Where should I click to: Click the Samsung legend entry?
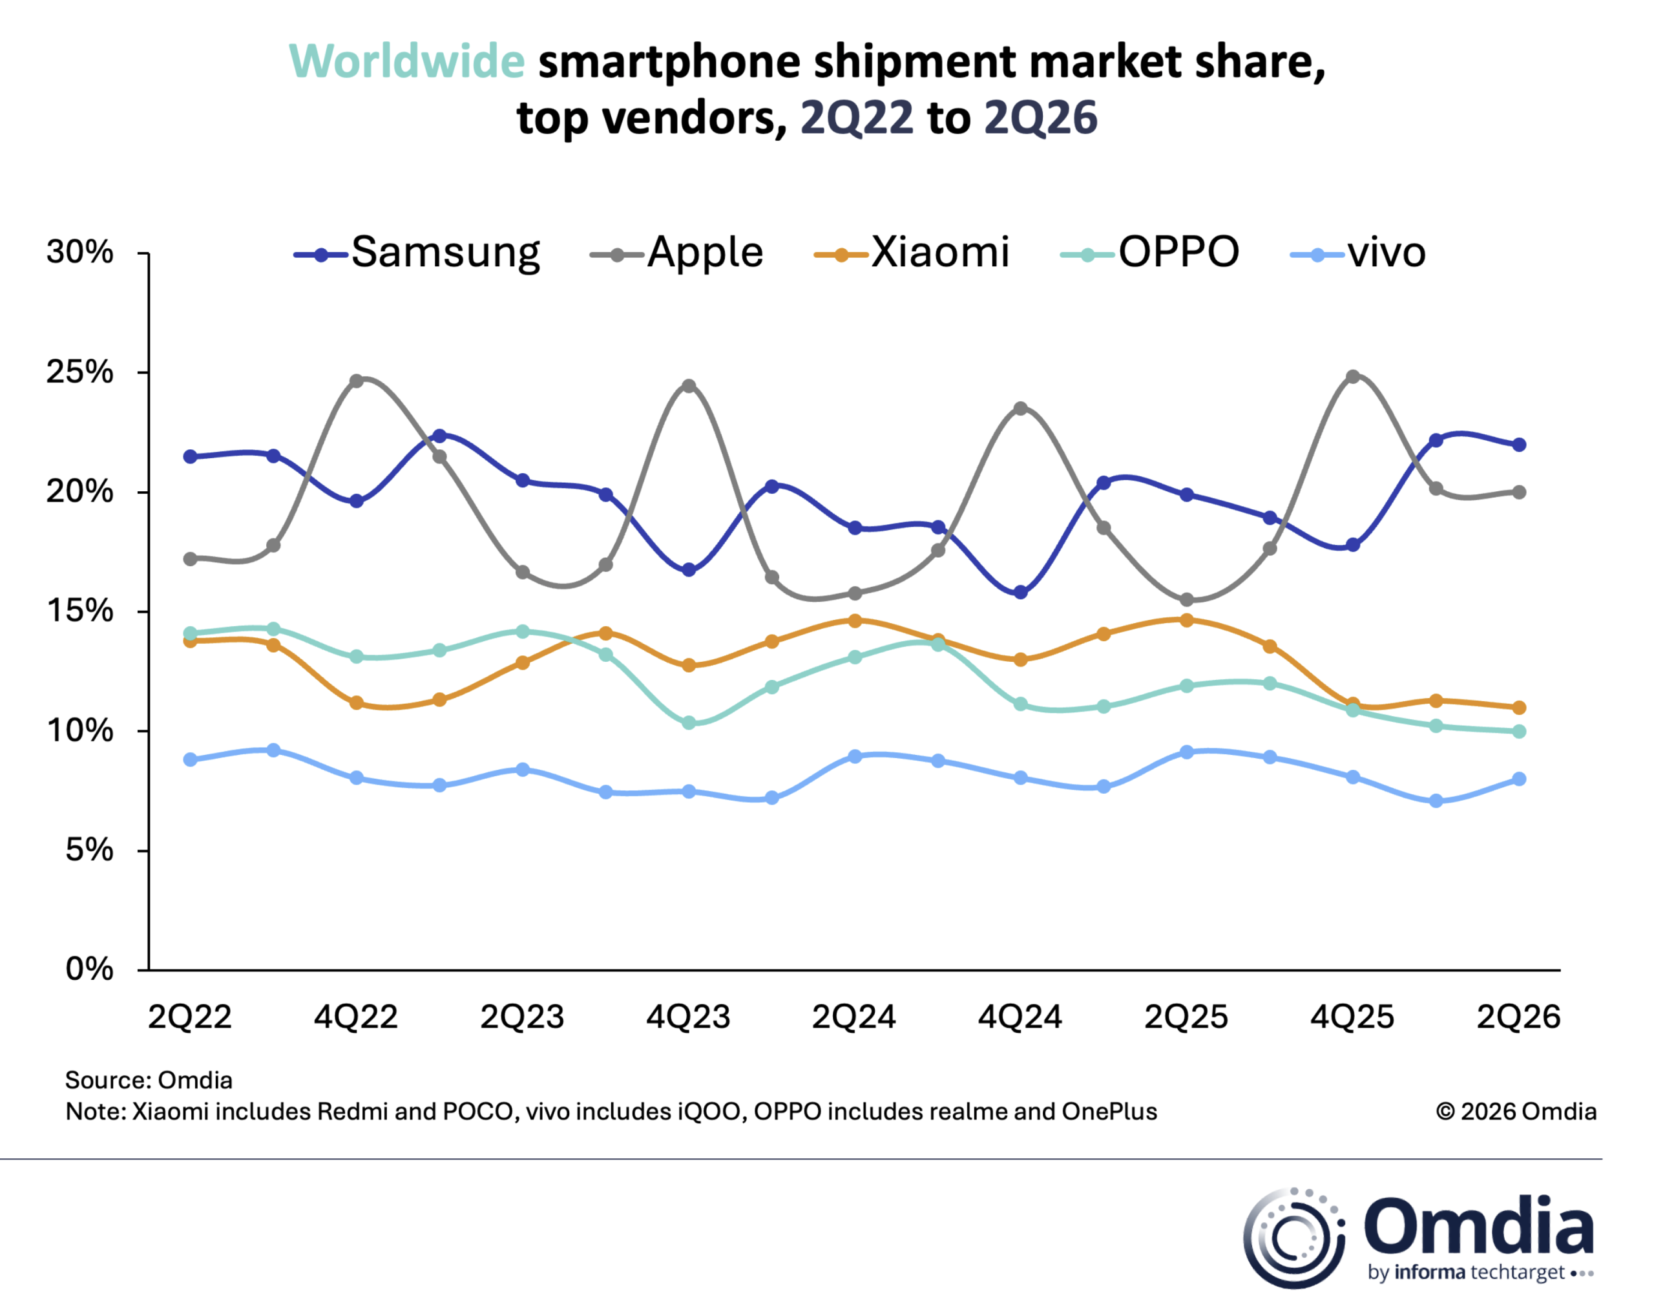click(x=417, y=253)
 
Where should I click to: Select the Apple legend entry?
click(x=676, y=253)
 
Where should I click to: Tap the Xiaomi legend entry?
click(x=912, y=253)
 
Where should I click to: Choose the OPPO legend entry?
click(x=1150, y=253)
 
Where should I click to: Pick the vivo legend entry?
click(x=1358, y=253)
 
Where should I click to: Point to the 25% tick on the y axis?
click(x=143, y=373)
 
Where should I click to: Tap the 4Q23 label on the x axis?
click(x=688, y=1017)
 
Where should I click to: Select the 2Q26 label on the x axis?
click(x=1518, y=1017)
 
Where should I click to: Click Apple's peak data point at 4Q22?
click(x=356, y=381)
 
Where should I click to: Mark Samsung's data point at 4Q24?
click(x=1020, y=592)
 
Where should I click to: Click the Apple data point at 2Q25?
click(x=1187, y=600)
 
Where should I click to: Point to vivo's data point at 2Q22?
click(x=190, y=759)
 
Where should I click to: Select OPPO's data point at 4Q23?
click(x=689, y=723)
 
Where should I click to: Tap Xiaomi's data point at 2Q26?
click(x=1519, y=708)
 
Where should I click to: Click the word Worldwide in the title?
click(x=406, y=61)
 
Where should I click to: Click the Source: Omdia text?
click(x=149, y=1080)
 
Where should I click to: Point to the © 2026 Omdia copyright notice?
click(x=1516, y=1112)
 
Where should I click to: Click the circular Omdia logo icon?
click(x=1293, y=1238)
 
